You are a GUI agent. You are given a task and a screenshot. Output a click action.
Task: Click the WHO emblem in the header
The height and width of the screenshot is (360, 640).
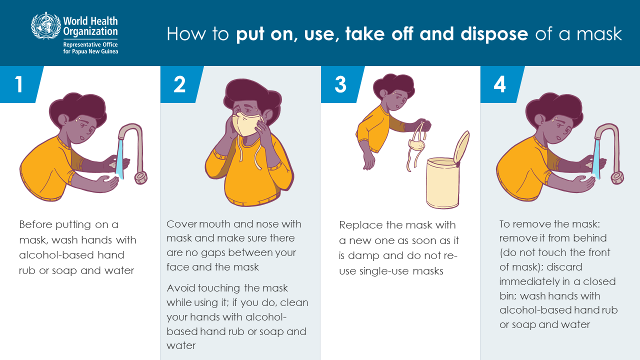point(46,25)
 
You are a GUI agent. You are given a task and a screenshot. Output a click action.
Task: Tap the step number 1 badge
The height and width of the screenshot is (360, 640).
point(20,84)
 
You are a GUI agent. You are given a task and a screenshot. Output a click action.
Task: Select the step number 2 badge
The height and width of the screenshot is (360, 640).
point(180,84)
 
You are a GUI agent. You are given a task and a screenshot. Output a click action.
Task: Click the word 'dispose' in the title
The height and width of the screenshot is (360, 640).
point(494,35)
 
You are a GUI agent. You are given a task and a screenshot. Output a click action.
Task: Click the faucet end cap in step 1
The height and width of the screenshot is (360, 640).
point(141,177)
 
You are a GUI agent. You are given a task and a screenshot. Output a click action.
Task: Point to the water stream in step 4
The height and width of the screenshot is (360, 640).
point(596,158)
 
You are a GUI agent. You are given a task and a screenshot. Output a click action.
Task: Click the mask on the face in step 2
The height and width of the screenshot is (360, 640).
point(247,124)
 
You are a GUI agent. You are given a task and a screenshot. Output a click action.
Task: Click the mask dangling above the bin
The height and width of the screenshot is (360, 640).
point(417,145)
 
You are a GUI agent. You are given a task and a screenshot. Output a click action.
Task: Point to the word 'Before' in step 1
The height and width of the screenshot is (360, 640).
point(35,224)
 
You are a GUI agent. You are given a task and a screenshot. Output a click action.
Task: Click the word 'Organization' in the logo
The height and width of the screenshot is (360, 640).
point(90,31)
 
